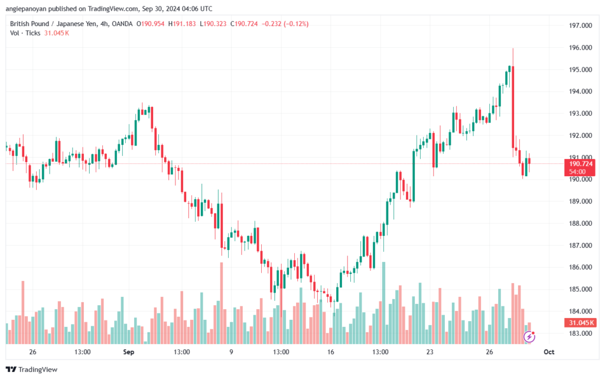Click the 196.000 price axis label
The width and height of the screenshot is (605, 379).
(x=580, y=48)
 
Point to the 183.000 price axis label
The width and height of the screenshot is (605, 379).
(x=580, y=333)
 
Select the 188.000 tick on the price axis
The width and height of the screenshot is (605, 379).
(x=580, y=223)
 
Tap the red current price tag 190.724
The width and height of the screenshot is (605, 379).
(x=580, y=164)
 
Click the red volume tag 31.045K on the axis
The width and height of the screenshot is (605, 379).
(x=580, y=323)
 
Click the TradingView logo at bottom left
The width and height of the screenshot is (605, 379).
(x=33, y=370)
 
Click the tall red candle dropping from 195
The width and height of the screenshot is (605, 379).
(x=513, y=106)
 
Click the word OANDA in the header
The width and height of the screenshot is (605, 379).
(x=119, y=24)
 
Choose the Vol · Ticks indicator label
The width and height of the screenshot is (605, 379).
(x=25, y=33)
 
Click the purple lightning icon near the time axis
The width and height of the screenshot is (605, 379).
(x=530, y=337)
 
